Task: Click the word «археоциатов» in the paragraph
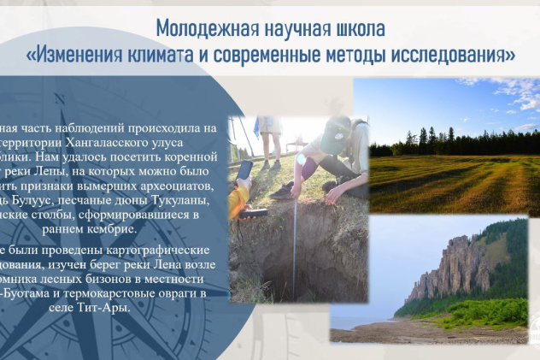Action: pos(185,186)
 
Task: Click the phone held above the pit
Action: pos(244,170)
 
